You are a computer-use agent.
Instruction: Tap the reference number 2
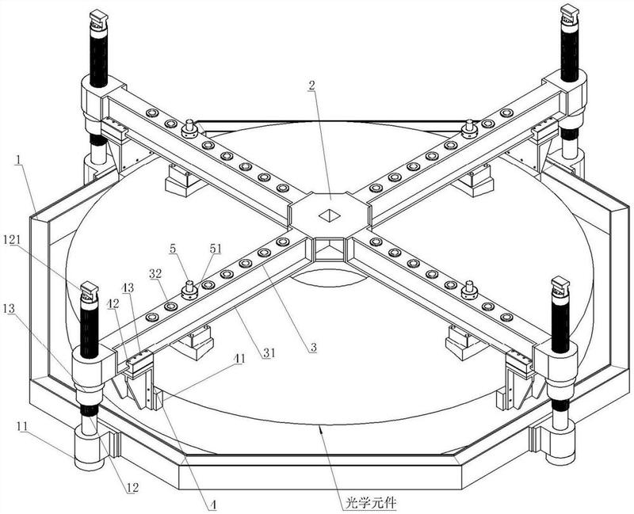point(313,85)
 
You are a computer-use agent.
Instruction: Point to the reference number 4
point(212,501)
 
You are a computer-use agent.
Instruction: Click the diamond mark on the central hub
point(327,214)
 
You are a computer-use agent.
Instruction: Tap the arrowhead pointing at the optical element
point(320,429)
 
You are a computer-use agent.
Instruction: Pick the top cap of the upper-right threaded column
point(569,13)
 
